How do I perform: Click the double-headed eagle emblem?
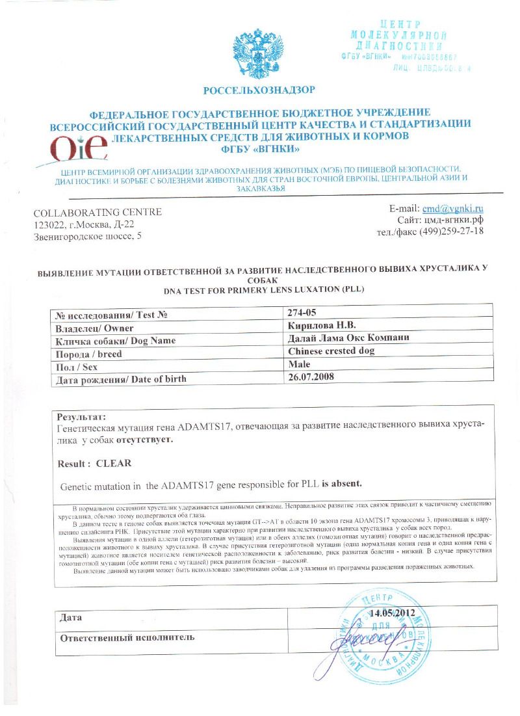(259, 55)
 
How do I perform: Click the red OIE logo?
(79, 148)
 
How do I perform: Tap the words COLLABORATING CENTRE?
(97, 213)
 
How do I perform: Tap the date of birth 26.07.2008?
(310, 378)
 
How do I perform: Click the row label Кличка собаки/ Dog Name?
(116, 340)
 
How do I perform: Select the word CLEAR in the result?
(114, 464)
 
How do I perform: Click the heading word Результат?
(81, 416)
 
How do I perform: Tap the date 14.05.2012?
(393, 613)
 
